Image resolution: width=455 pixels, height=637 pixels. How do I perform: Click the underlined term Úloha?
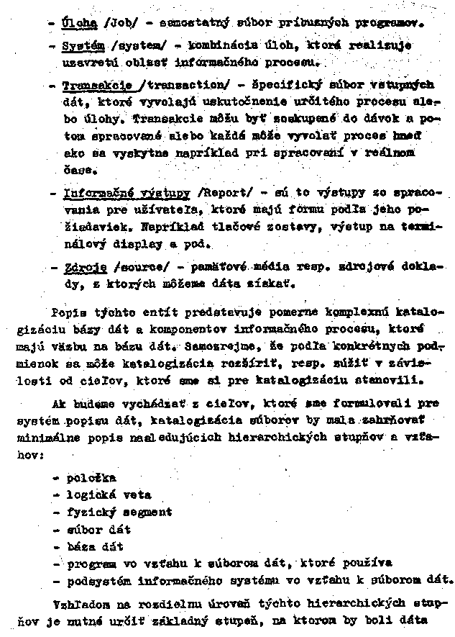(x=80, y=22)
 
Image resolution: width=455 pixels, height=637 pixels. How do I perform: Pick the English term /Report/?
(x=227, y=194)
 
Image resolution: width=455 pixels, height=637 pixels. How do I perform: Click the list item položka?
(x=91, y=477)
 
